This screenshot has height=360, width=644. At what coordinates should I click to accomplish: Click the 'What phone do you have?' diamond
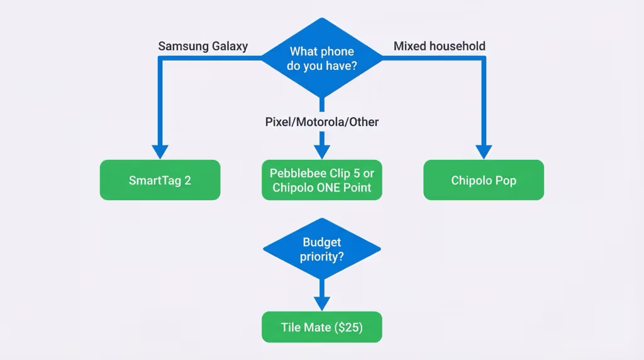click(x=321, y=58)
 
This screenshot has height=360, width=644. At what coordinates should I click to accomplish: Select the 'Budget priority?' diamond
click(x=321, y=249)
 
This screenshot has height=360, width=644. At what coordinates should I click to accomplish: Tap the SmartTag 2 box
click(x=160, y=180)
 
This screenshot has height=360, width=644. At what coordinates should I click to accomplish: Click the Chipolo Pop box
click(x=483, y=180)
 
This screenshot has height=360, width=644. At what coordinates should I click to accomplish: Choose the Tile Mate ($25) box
click(x=321, y=327)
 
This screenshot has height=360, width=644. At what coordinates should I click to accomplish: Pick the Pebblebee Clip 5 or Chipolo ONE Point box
click(x=321, y=180)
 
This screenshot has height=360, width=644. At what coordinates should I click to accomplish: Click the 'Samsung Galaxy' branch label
click(x=203, y=46)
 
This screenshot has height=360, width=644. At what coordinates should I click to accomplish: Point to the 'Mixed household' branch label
click(x=439, y=46)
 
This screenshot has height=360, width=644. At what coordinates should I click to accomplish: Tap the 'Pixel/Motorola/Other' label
click(x=321, y=121)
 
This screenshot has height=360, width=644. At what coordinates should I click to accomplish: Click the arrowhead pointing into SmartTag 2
click(x=160, y=152)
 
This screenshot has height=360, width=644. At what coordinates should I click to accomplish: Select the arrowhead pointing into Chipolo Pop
click(x=483, y=152)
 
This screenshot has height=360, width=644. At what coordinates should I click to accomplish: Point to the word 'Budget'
click(x=321, y=242)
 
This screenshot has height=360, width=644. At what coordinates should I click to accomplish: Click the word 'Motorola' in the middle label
click(x=321, y=121)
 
